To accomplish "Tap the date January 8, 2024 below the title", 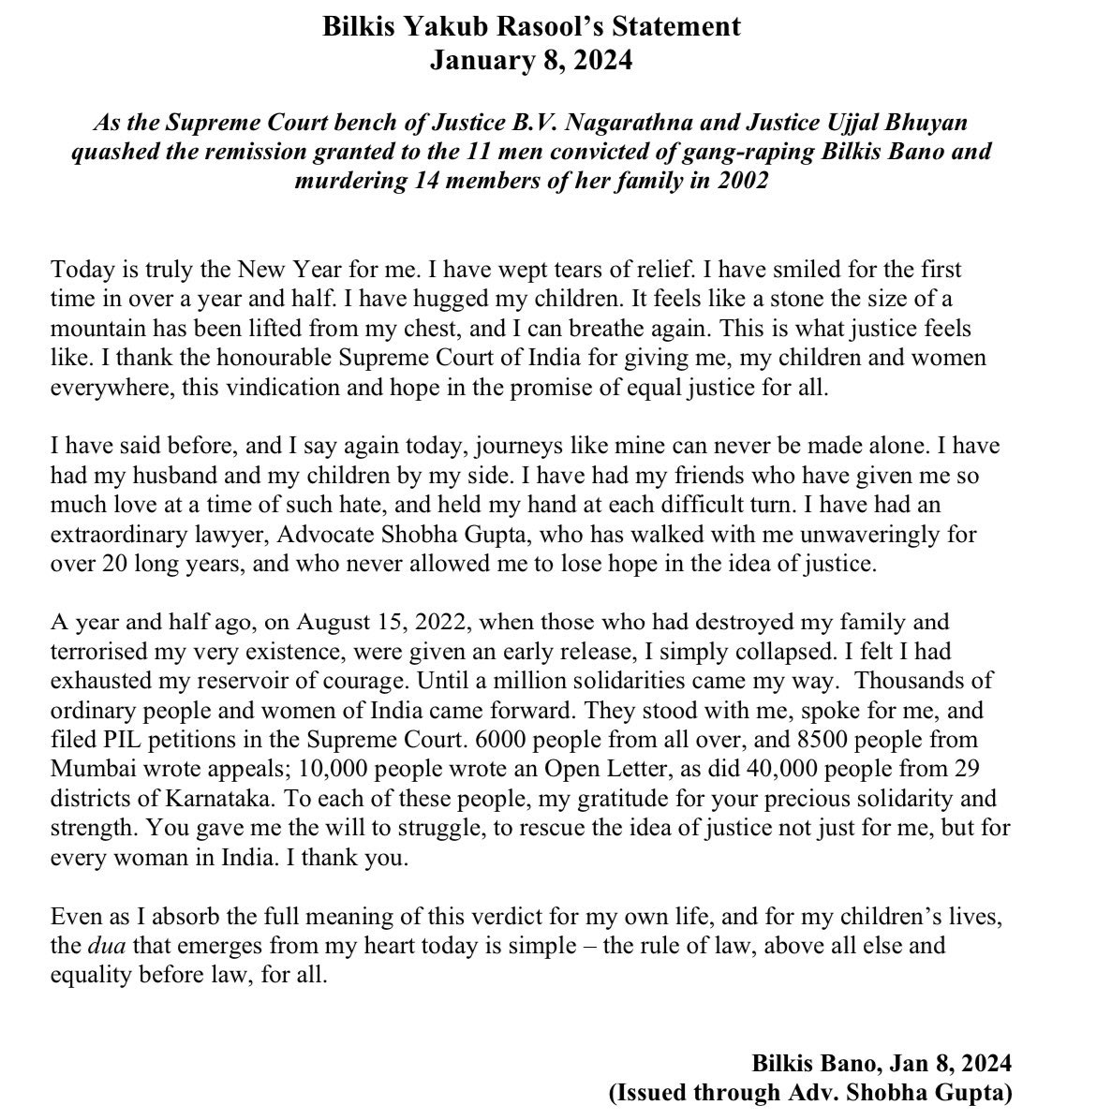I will (530, 61).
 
